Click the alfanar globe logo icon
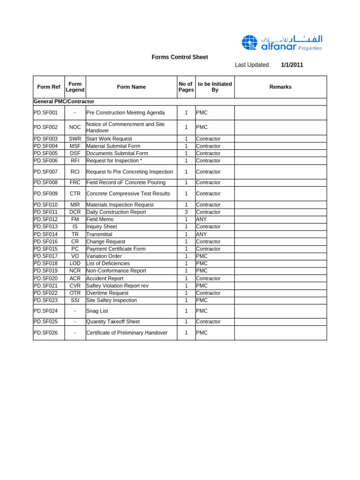[249, 43]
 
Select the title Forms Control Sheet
[180, 57]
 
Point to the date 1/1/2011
[292, 65]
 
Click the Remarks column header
[280, 87]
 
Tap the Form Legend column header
[75, 87]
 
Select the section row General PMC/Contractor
[64, 102]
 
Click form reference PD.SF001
[45, 112]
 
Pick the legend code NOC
[75, 127]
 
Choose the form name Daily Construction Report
[116, 212]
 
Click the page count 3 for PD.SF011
[186, 212]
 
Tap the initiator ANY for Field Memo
[201, 219]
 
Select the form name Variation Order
[104, 256]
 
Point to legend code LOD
[75, 263]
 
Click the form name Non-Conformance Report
[116, 270]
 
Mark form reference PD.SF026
[45, 333]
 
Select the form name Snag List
[97, 311]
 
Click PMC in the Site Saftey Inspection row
[202, 300]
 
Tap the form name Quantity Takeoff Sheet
[113, 322]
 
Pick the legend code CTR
[75, 194]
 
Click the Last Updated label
[252, 65]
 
